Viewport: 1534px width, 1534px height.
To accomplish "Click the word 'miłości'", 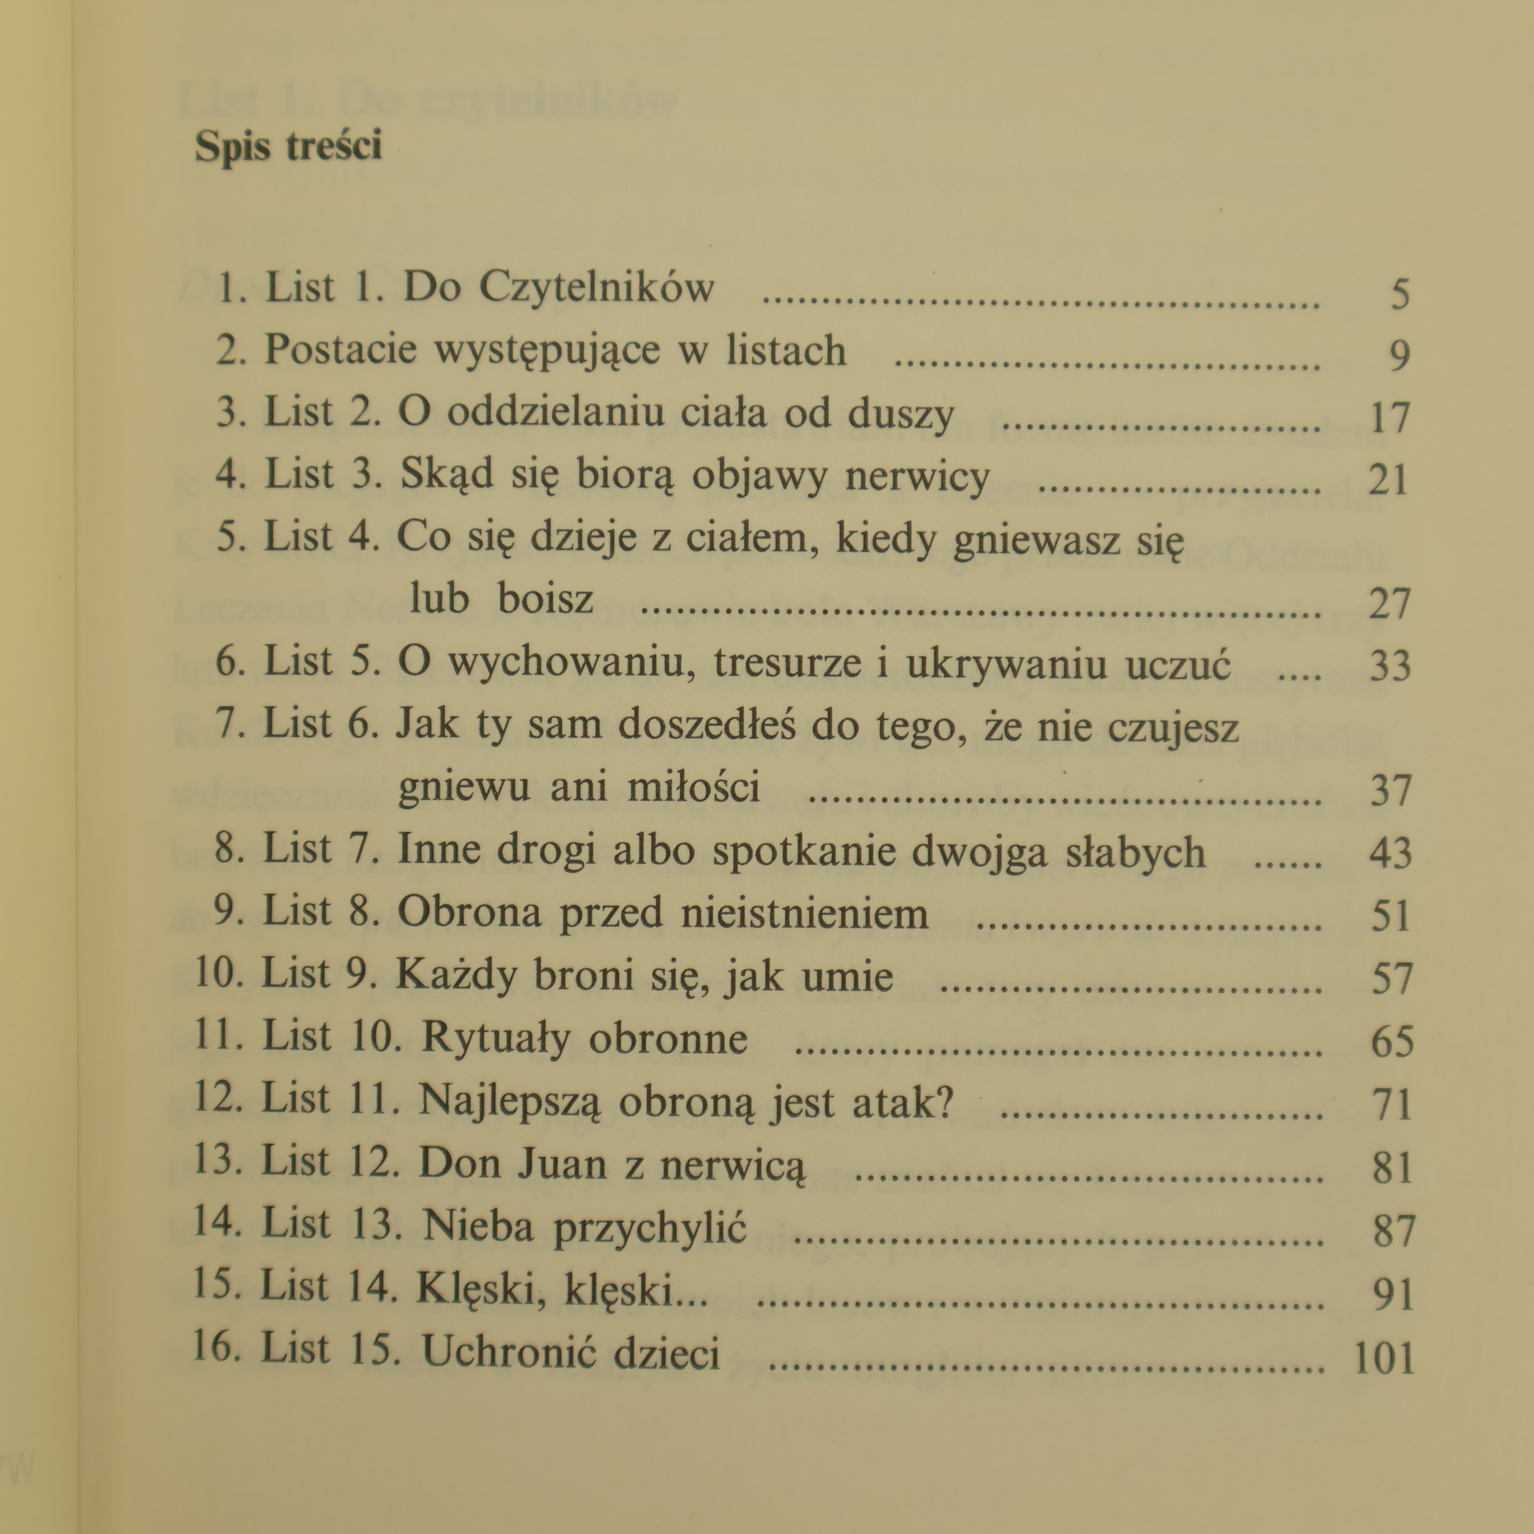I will click(693, 787).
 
